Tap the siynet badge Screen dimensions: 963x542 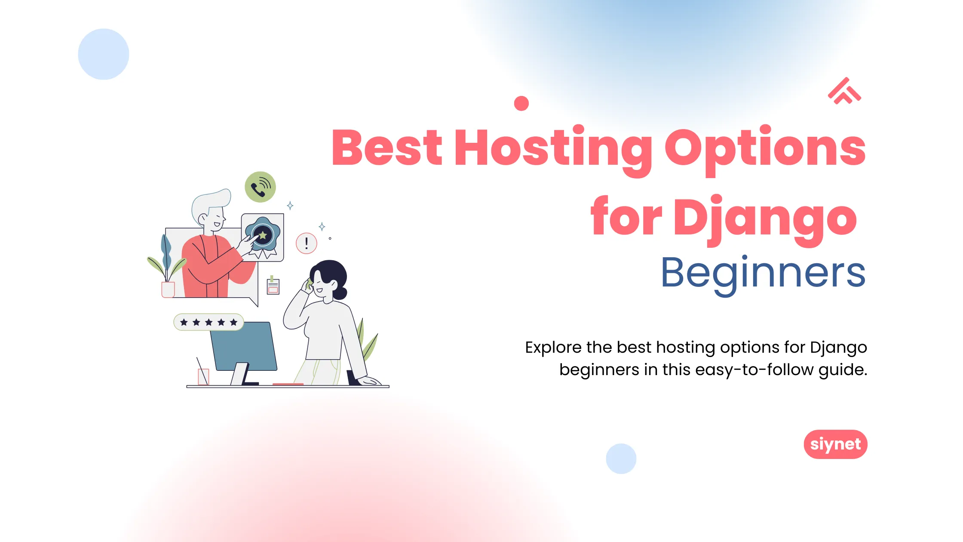click(x=835, y=444)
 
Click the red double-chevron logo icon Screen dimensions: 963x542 click(x=844, y=91)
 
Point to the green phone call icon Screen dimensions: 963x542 click(x=260, y=187)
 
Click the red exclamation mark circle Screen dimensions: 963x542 click(x=307, y=243)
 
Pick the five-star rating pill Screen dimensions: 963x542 click(x=209, y=322)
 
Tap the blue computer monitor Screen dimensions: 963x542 click(x=243, y=347)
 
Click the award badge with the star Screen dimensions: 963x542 click(x=262, y=237)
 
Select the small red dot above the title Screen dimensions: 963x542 click(x=521, y=103)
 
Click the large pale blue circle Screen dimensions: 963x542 click(x=104, y=54)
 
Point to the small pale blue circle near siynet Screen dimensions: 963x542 click(x=621, y=459)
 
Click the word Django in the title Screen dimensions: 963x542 click(x=765, y=219)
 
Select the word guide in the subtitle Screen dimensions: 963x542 click(x=842, y=370)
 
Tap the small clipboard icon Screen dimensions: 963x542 click(x=273, y=286)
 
